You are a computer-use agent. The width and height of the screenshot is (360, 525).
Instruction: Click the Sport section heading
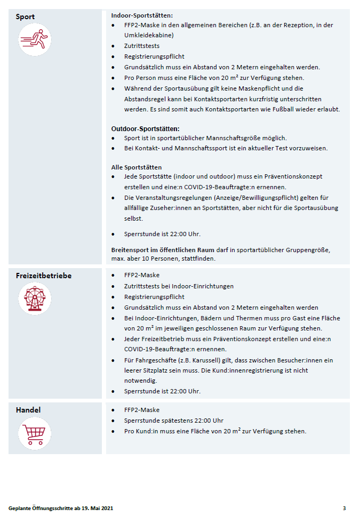pos(26,17)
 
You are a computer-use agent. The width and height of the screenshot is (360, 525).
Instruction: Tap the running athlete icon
pos(35,39)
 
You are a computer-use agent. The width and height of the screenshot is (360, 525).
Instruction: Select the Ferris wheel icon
pos(35,299)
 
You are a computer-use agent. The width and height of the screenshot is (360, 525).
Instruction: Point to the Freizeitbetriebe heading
pos(44,276)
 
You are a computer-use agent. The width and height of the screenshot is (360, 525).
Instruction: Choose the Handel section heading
pos(28,410)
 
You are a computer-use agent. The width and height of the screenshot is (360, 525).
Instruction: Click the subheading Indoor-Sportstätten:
pos(142,16)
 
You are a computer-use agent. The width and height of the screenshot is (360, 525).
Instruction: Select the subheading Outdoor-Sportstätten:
pos(145,128)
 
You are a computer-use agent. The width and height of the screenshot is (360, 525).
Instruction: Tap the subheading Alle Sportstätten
pos(136,167)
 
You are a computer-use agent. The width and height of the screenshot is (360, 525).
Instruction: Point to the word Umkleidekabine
pos(149,35)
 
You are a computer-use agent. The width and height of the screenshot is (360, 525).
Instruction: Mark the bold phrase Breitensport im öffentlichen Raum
pos(163,249)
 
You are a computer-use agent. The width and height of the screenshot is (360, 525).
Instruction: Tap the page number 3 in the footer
pos(344,508)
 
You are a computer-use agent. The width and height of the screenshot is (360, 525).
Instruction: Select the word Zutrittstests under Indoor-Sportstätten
pos(142,46)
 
